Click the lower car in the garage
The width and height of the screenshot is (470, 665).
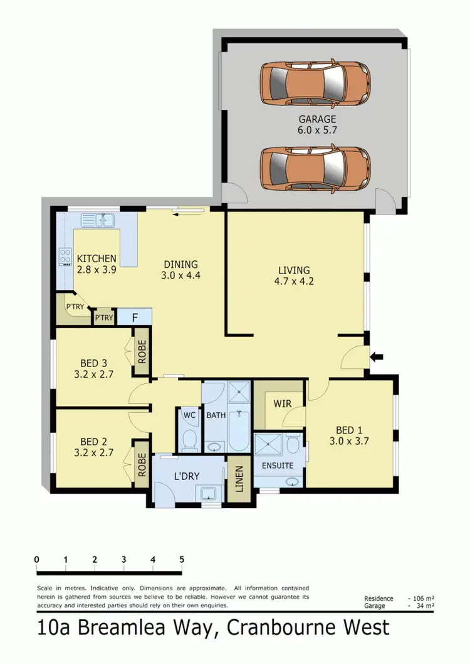pos(315,168)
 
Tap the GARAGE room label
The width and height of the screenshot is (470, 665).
pos(317,119)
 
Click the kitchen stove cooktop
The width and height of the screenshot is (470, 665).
pos(65,255)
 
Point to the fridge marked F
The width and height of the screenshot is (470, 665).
pos(135,317)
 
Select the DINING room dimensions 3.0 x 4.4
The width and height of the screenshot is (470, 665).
pos(180,275)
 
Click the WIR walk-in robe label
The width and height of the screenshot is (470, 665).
pos(283,403)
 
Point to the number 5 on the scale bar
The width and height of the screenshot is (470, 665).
pos(182,560)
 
